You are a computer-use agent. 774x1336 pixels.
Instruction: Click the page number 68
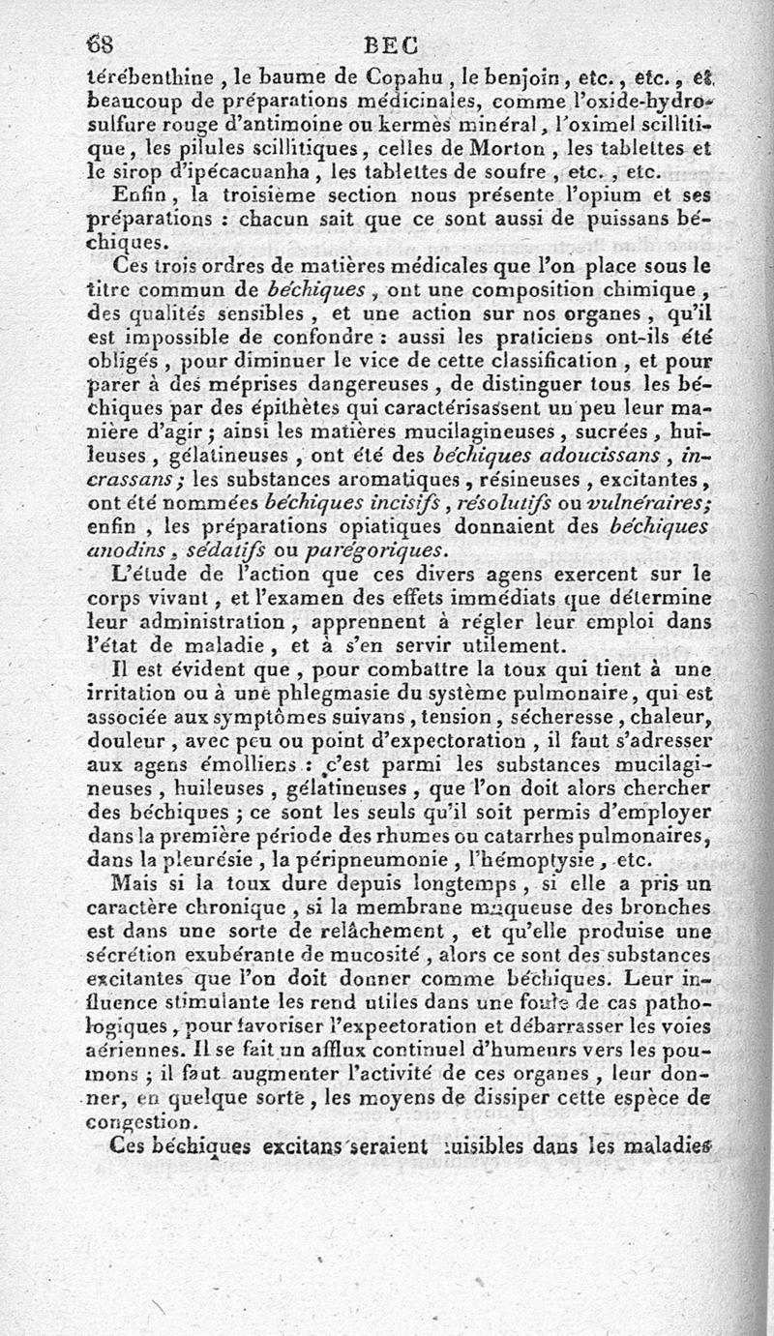coord(100,45)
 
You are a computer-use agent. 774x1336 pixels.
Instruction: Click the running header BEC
coord(391,45)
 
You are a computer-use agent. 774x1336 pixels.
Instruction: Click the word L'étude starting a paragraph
coord(150,575)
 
